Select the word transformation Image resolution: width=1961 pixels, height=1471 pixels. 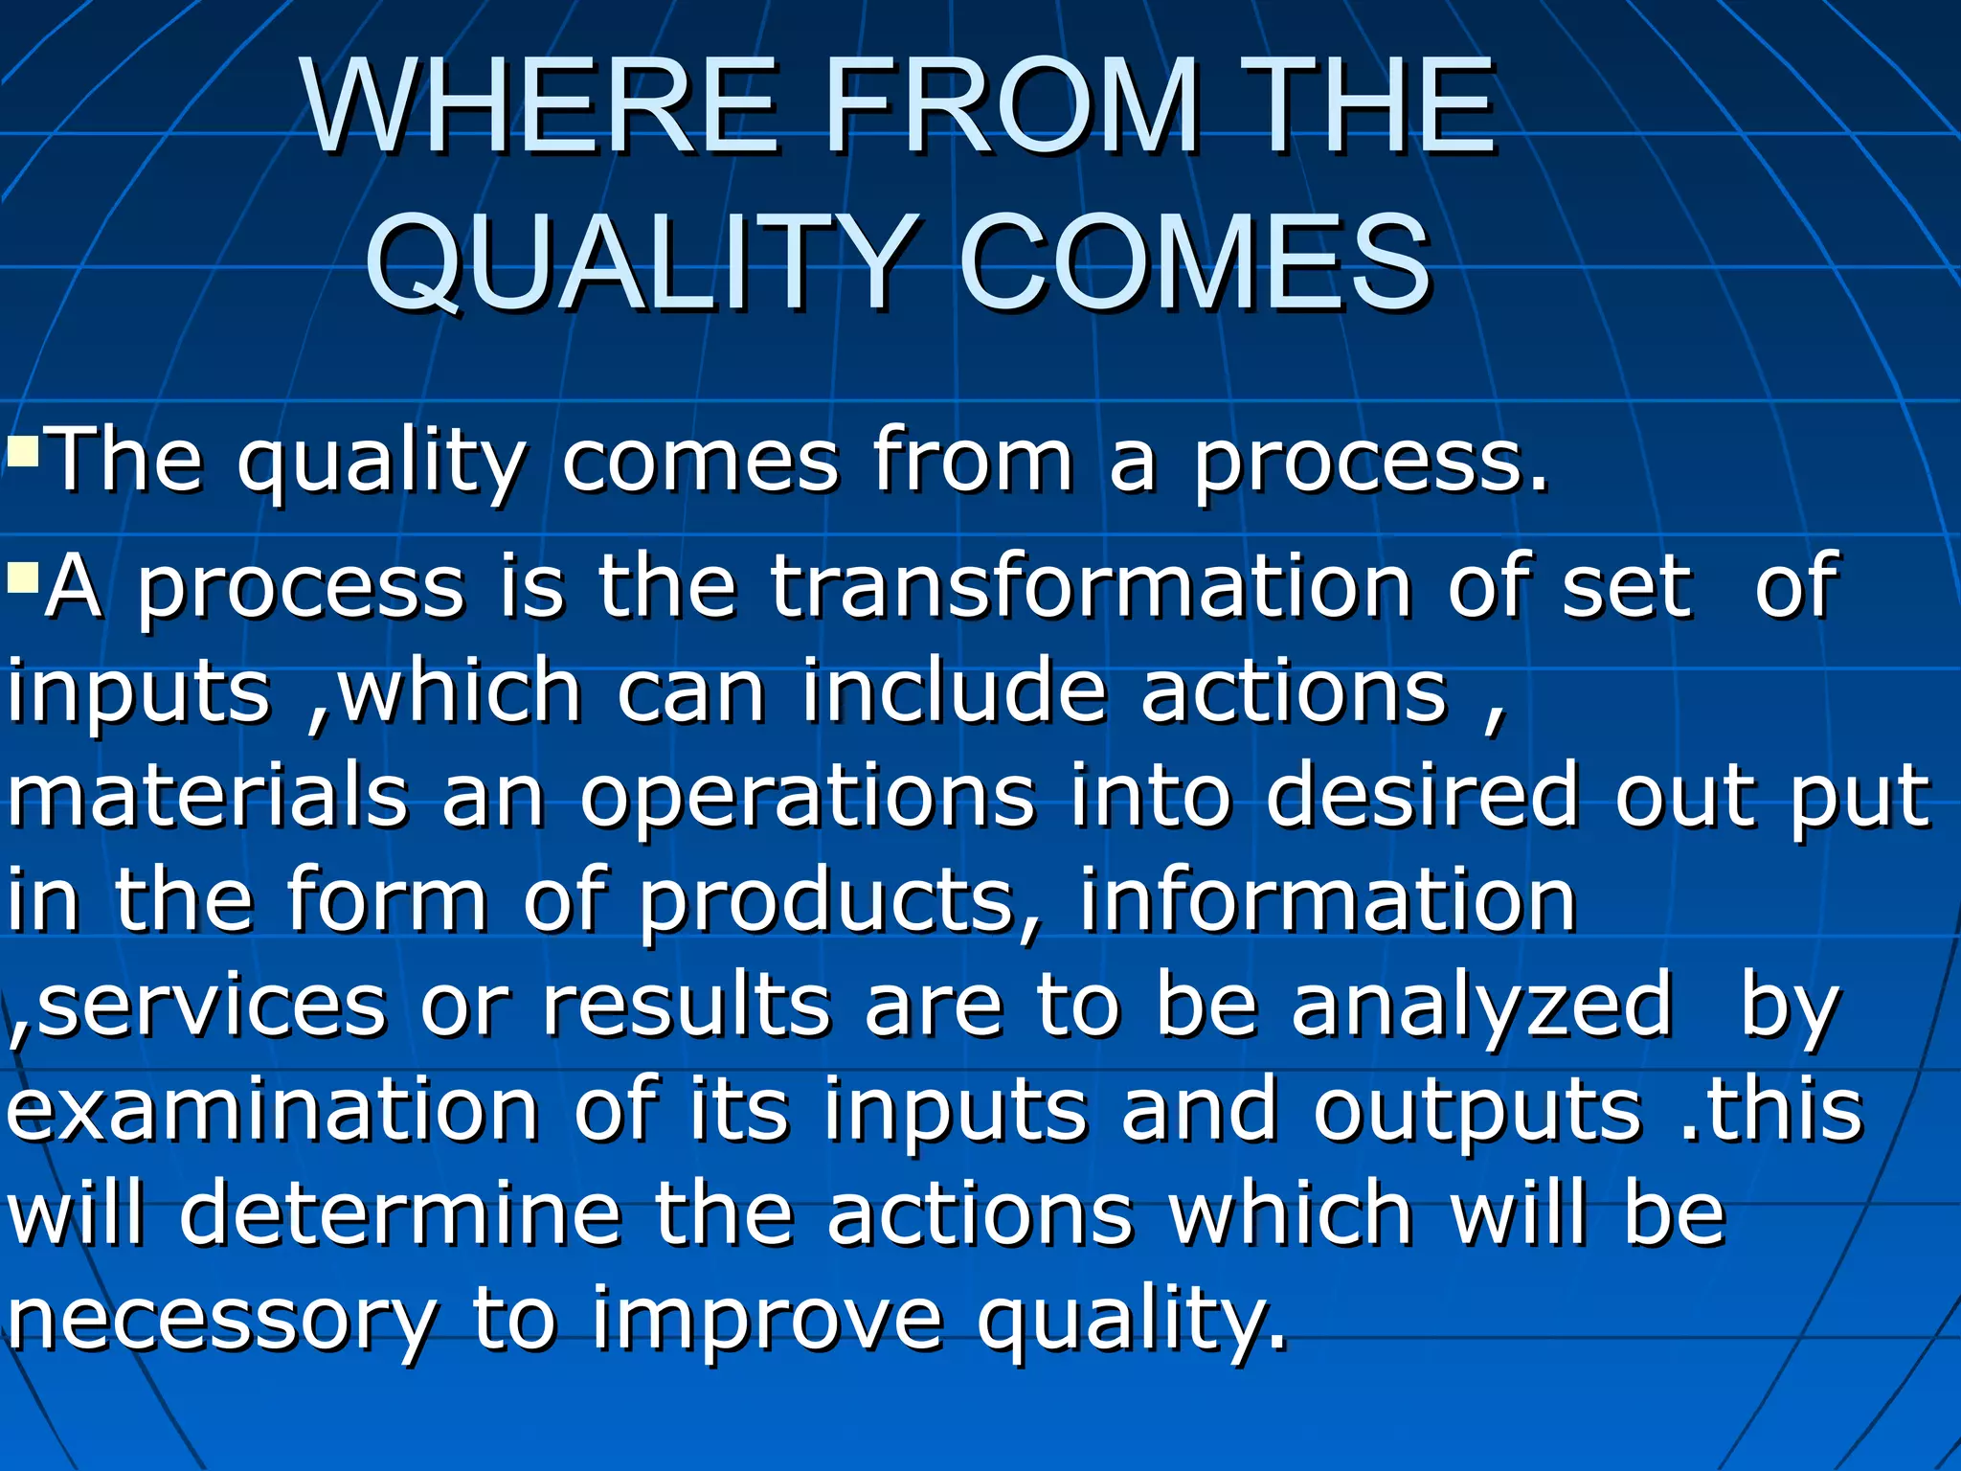(x=1092, y=586)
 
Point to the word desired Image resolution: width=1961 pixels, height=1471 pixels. (x=1421, y=795)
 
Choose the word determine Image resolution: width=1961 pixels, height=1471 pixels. (x=401, y=1214)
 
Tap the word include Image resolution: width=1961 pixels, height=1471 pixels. (x=954, y=691)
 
